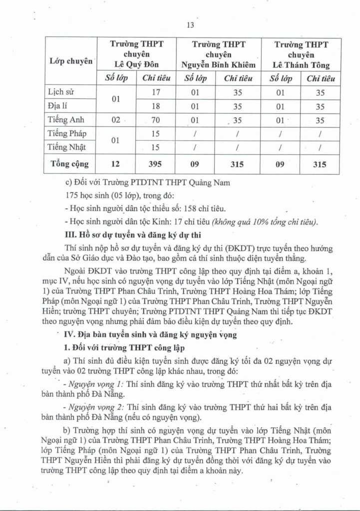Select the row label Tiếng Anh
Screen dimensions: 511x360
pos(66,120)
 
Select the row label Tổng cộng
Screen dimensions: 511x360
pos(69,164)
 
